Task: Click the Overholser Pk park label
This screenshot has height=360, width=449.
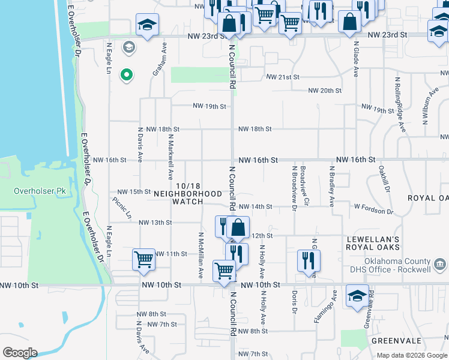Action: pos(43,191)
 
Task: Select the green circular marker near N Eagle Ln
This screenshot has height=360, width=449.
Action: pos(127,75)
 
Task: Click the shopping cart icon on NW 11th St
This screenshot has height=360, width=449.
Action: pos(144,260)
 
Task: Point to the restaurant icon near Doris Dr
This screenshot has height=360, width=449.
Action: pos(309,260)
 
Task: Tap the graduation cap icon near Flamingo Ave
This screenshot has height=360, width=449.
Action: pos(357,296)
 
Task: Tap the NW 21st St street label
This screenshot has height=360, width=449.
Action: pos(283,77)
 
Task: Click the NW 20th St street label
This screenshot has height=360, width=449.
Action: pos(325,91)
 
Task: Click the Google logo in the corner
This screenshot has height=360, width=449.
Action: pos(20,353)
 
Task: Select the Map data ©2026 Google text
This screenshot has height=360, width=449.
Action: pos(412,355)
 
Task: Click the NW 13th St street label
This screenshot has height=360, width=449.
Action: pos(155,223)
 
